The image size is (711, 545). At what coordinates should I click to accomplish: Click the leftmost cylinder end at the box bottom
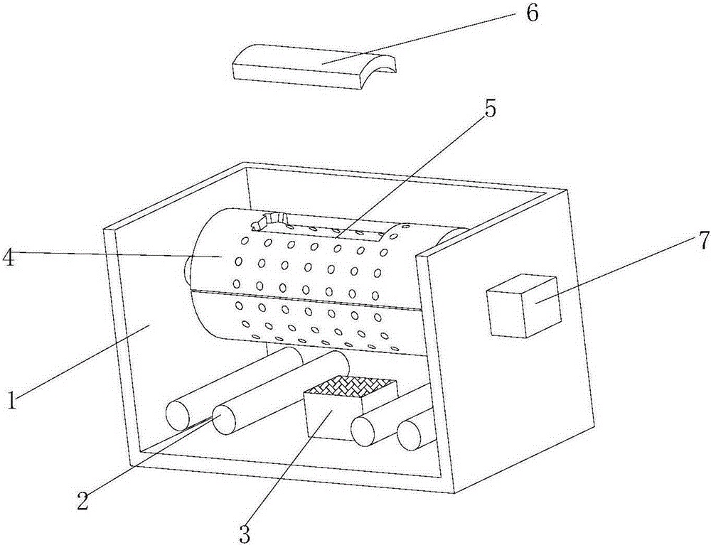178,415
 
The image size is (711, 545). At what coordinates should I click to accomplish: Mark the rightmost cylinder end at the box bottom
411,435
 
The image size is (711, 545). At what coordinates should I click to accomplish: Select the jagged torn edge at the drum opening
268,222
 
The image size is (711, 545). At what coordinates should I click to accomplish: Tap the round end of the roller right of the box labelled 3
365,431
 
